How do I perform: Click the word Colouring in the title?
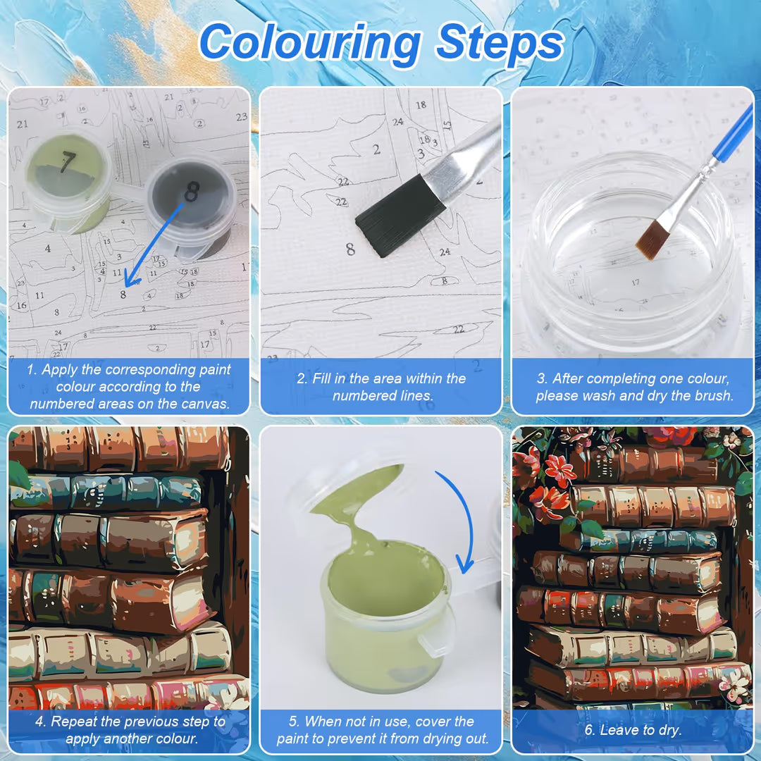click(309, 43)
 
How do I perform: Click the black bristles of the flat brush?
click(400, 216)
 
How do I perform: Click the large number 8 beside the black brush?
click(350, 249)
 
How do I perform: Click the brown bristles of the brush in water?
click(652, 240)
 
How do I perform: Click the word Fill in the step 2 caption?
click(321, 378)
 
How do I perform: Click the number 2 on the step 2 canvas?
click(376, 149)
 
